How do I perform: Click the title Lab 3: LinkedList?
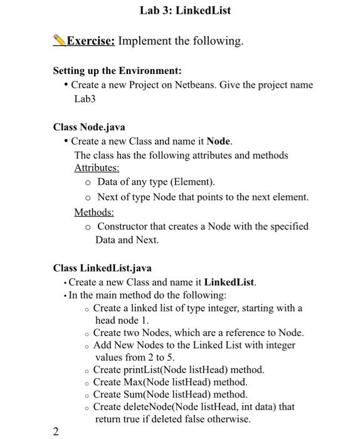point(186,11)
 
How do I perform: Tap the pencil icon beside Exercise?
point(60,41)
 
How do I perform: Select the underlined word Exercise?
point(91,41)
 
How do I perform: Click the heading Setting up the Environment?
point(117,71)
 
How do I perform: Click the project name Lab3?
point(85,99)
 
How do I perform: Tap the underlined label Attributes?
point(97,168)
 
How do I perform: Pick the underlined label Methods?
point(94,213)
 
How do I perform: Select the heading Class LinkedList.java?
point(102,268)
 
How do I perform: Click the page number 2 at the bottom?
point(56,431)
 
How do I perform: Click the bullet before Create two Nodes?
point(87,334)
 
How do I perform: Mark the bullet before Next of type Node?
point(88,198)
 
